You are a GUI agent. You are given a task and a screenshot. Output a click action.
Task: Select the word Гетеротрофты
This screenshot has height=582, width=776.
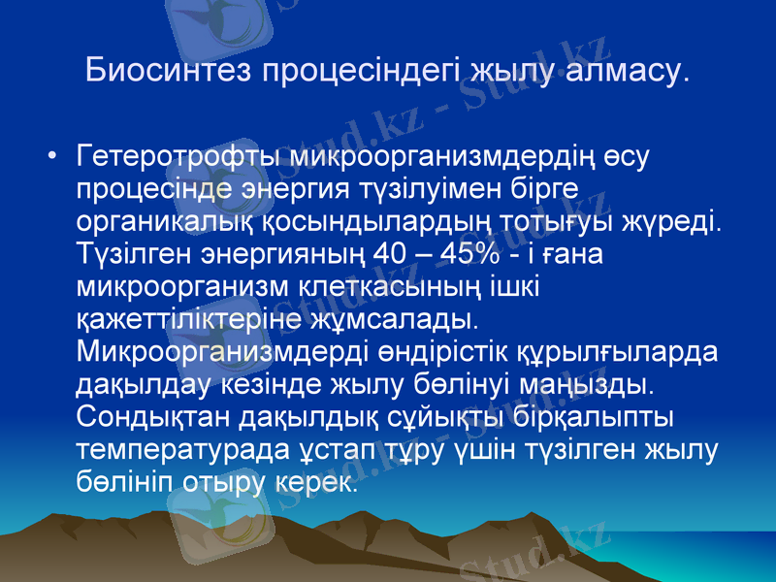coord(175,155)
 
